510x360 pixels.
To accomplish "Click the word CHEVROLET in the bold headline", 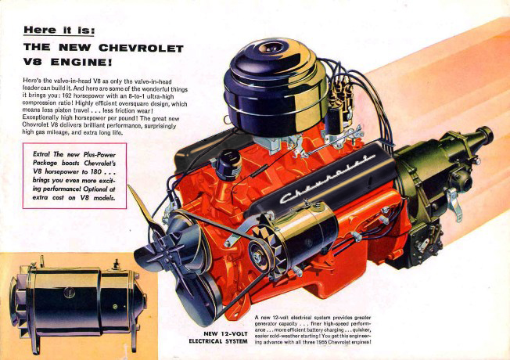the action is [x=141, y=48].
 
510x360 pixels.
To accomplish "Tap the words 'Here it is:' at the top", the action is [x=59, y=30].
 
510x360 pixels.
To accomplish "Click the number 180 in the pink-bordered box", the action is [x=95, y=171].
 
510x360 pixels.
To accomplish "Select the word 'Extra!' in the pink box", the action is [x=41, y=154].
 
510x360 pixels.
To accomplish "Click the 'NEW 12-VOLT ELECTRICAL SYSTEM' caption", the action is [x=218, y=337].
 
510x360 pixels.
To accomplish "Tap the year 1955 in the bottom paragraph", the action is [x=321, y=342].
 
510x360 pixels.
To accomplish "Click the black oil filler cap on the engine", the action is [x=228, y=165].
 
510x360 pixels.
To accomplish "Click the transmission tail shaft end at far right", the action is [x=487, y=134].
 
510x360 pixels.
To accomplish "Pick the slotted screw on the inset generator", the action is [x=70, y=293].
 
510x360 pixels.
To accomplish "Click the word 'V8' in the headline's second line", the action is [x=32, y=62].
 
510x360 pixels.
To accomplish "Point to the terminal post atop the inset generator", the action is [x=116, y=264].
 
